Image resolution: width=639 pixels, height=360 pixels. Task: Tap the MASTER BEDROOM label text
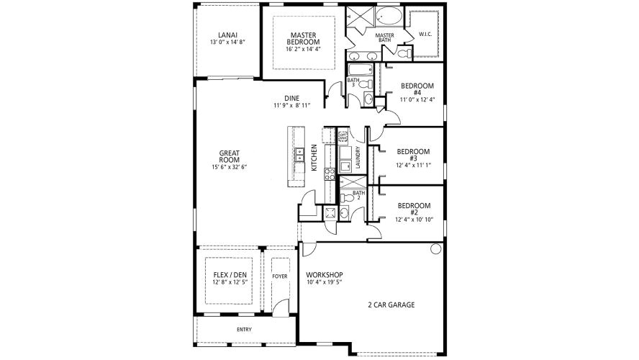point(303,38)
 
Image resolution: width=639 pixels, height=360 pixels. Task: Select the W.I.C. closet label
point(425,34)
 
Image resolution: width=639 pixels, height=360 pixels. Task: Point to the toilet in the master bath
point(408,53)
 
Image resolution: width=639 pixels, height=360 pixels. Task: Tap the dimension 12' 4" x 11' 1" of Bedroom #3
point(414,165)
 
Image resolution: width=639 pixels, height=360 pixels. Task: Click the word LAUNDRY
point(358,158)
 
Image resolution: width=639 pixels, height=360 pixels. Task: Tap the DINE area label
point(291,98)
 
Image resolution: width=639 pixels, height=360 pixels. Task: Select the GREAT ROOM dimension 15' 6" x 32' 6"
point(229,166)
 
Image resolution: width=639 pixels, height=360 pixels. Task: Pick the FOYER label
point(279,275)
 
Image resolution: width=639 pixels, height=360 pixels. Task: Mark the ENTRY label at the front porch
point(245,330)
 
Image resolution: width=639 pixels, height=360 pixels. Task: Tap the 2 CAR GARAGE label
point(390,305)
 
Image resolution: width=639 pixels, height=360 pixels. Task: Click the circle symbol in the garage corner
point(435,249)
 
